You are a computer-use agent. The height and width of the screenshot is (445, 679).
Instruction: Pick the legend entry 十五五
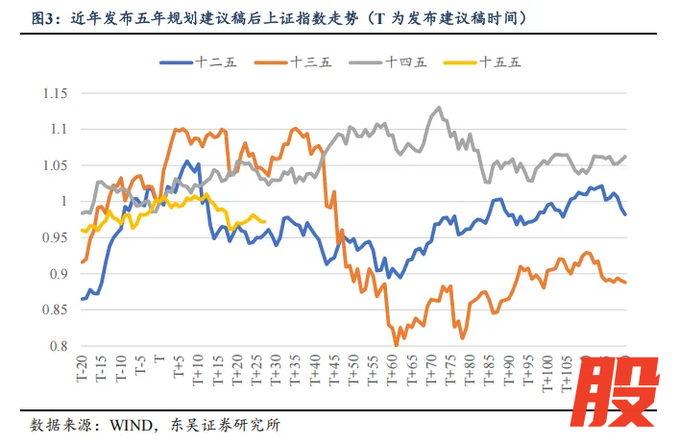click(499, 62)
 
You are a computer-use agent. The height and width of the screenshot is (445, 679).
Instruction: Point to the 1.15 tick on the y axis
click(54, 93)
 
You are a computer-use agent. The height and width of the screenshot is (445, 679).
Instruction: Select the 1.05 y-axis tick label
click(54, 165)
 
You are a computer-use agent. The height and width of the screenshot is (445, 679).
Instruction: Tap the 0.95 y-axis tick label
click(54, 238)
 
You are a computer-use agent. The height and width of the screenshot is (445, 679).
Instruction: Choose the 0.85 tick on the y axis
click(54, 310)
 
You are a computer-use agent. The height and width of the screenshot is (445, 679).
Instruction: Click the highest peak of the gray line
click(439, 108)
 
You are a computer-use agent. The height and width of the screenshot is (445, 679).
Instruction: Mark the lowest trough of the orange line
click(396, 344)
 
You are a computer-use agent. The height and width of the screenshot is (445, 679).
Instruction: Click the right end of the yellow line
click(265, 221)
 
